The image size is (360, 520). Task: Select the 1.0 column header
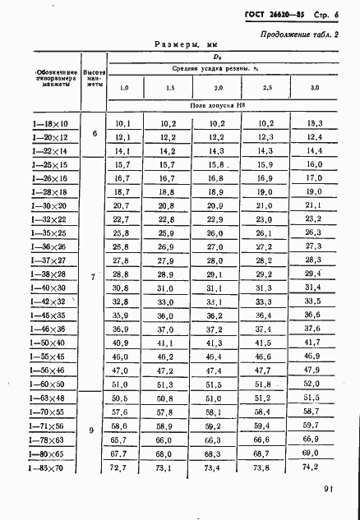click(x=124, y=87)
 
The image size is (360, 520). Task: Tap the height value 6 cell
click(x=94, y=136)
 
